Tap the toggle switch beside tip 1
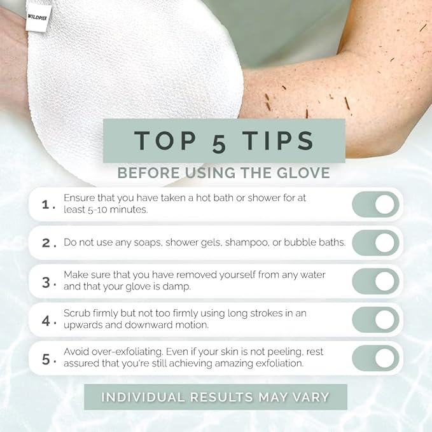tap(375, 204)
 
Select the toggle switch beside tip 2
tap(375, 242)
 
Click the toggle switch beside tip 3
tap(375, 281)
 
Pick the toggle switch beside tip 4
tap(375, 319)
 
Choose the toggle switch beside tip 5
tap(375, 358)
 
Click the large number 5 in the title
tap(219, 143)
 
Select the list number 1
tap(45, 204)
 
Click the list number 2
tap(45, 243)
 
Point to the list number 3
tap(46, 282)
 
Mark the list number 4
tap(46, 321)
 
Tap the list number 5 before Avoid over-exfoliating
tap(46, 359)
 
